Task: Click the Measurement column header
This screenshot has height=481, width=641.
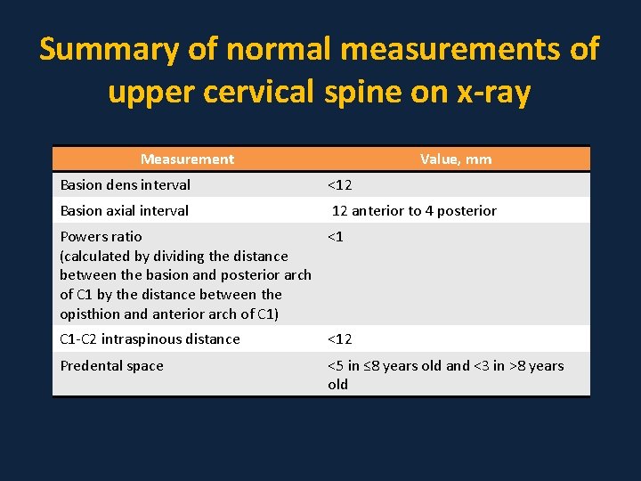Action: pyautogui.click(x=187, y=159)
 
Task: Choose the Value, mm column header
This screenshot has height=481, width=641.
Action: pyautogui.click(x=456, y=159)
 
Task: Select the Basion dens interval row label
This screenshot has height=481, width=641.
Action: pyautogui.click(x=125, y=185)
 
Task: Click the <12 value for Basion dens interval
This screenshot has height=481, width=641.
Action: pyautogui.click(x=339, y=185)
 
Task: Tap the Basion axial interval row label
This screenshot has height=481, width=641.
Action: pyautogui.click(x=124, y=211)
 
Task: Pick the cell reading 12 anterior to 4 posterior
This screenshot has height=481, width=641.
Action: pyautogui.click(x=414, y=211)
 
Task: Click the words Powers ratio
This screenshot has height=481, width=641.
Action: pyautogui.click(x=101, y=237)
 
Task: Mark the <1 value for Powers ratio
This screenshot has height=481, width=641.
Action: pyautogui.click(x=336, y=237)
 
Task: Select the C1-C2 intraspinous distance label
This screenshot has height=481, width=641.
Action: pyautogui.click(x=150, y=339)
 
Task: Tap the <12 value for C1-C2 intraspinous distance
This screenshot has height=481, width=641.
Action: pyautogui.click(x=339, y=339)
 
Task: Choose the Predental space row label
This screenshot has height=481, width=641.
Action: pyautogui.click(x=111, y=366)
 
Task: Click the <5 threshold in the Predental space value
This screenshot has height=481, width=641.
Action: pyautogui.click(x=336, y=366)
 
